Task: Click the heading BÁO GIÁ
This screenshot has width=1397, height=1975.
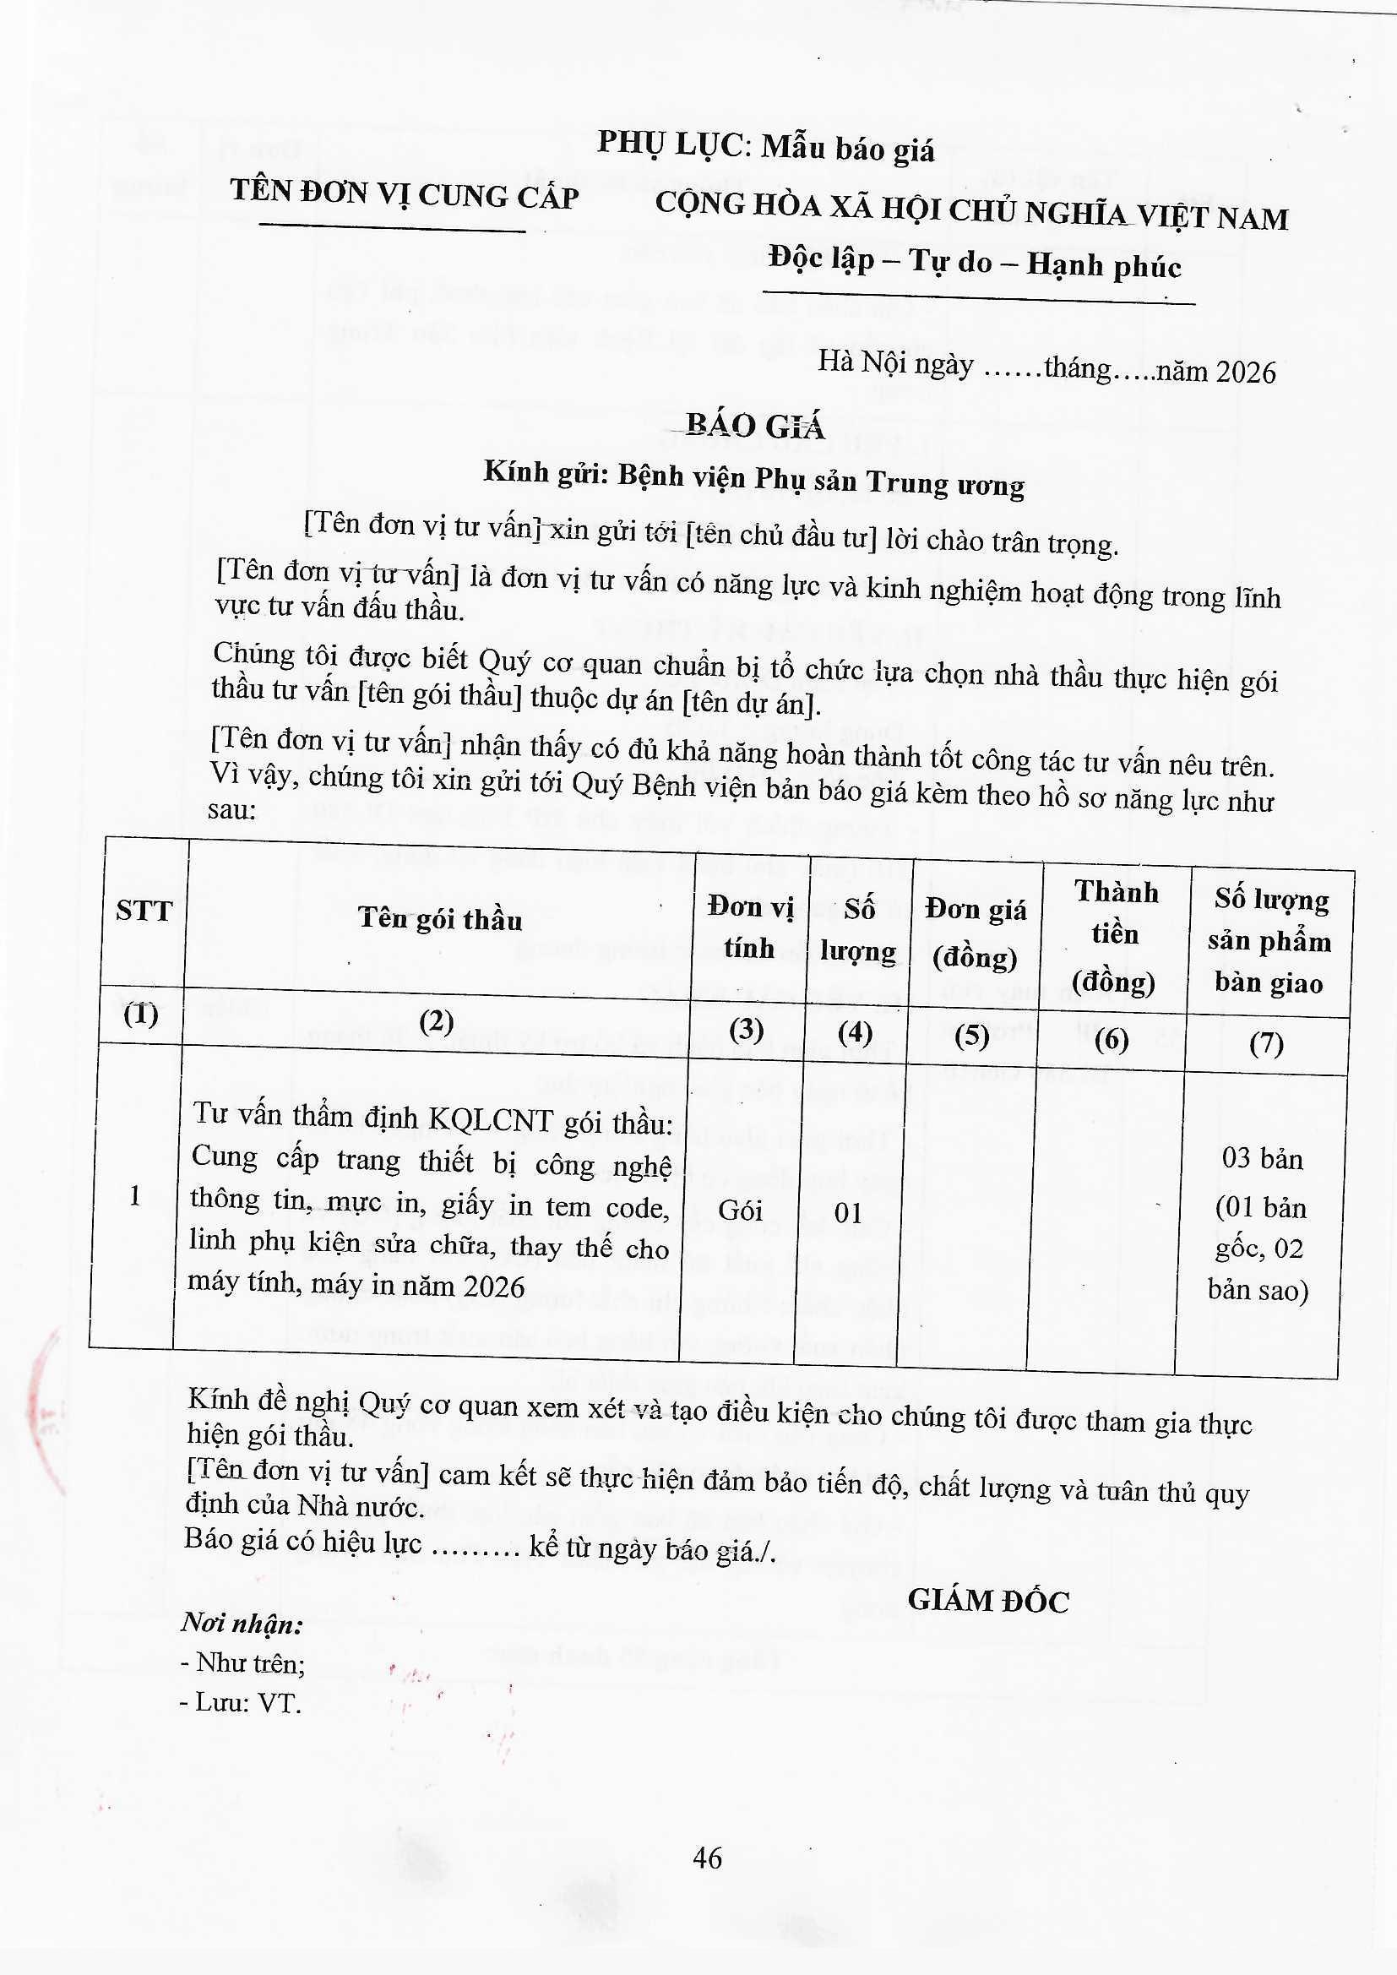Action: click(755, 426)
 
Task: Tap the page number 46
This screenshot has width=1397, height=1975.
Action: click(707, 1858)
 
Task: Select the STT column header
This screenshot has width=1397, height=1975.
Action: click(144, 911)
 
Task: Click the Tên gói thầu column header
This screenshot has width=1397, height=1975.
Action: click(439, 919)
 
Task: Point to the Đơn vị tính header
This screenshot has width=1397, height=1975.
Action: click(749, 927)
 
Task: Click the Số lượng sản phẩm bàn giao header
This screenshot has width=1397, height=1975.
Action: click(1269, 941)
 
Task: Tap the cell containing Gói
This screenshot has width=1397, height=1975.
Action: click(740, 1211)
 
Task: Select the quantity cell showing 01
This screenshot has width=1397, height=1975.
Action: click(848, 1213)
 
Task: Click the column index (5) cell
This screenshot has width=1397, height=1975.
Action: click(972, 1036)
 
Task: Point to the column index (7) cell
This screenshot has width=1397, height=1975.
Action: click(1266, 1043)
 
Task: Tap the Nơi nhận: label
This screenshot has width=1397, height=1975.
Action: click(242, 1624)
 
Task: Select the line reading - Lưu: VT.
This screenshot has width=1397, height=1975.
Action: click(241, 1703)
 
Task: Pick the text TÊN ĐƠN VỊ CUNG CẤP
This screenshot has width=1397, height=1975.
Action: click(405, 194)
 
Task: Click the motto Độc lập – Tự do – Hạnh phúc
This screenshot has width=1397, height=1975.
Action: click(975, 263)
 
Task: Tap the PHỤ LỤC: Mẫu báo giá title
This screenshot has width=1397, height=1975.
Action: click(765, 147)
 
